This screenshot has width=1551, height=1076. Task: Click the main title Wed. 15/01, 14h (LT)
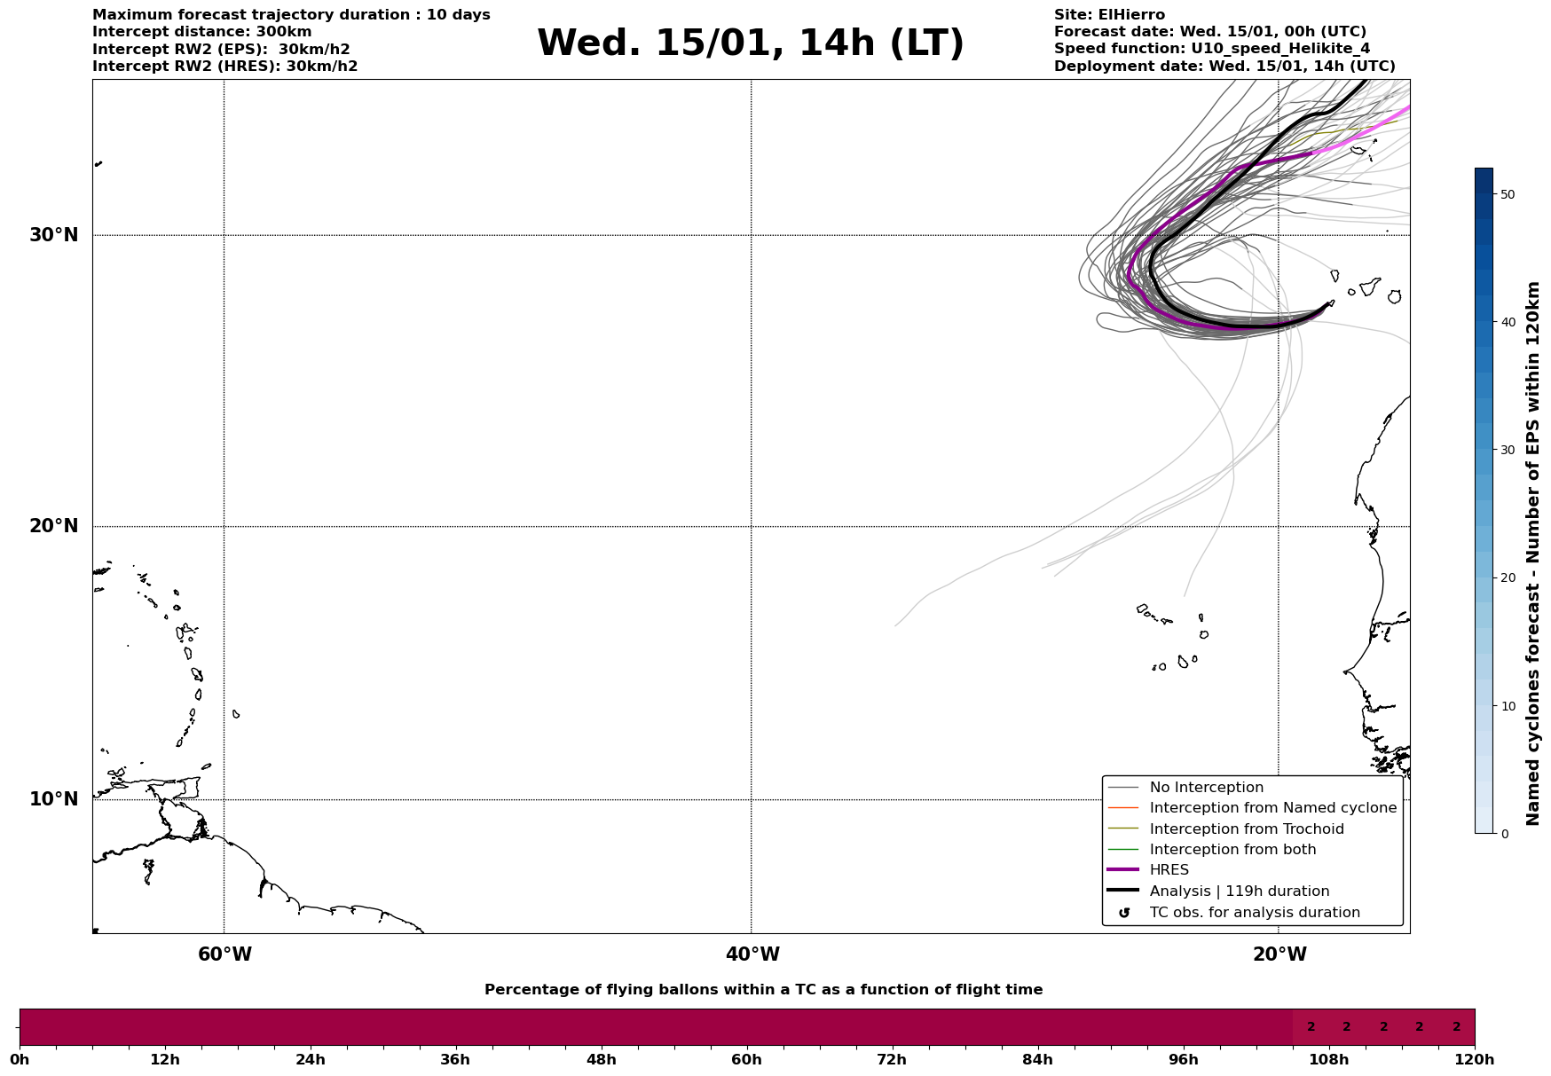pyautogui.click(x=750, y=43)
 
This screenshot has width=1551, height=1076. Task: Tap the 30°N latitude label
pyautogui.click(x=54, y=235)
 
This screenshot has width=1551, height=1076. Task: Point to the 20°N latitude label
pyautogui.click(x=54, y=526)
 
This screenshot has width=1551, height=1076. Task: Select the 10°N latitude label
pyautogui.click(x=54, y=799)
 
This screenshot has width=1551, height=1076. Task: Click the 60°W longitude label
pyautogui.click(x=224, y=954)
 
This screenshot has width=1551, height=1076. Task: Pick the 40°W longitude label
pyautogui.click(x=752, y=954)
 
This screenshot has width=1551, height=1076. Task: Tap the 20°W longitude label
pyautogui.click(x=1279, y=954)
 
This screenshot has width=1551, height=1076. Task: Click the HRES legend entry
pyautogui.click(x=1169, y=870)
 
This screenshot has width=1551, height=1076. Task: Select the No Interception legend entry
pyautogui.click(x=1206, y=788)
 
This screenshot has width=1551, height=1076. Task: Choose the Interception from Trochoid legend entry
pyautogui.click(x=1246, y=829)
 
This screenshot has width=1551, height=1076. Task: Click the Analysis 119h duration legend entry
pyautogui.click(x=1239, y=891)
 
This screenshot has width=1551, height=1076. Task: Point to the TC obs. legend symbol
pyautogui.click(x=1124, y=913)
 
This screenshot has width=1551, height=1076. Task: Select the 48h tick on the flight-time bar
pyautogui.click(x=601, y=1059)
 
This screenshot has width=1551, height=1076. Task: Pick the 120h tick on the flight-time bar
pyautogui.click(x=1475, y=1059)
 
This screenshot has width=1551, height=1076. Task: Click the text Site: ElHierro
pyautogui.click(x=1109, y=15)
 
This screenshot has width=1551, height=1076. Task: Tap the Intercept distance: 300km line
pyautogui.click(x=201, y=32)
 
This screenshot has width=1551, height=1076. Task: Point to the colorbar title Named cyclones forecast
pyautogui.click(x=1533, y=554)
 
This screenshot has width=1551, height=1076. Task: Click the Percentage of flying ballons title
pyautogui.click(x=763, y=990)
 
